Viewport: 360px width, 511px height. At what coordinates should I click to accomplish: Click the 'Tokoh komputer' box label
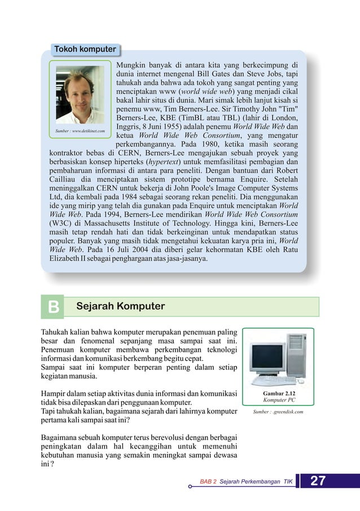tap(85, 49)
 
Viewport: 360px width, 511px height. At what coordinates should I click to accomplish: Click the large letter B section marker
tap(54, 307)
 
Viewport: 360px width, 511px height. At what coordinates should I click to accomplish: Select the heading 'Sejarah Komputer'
tap(120, 306)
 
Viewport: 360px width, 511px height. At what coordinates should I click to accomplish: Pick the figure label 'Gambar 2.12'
tap(279, 393)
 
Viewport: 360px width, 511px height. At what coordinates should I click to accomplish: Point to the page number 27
tap(318, 481)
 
